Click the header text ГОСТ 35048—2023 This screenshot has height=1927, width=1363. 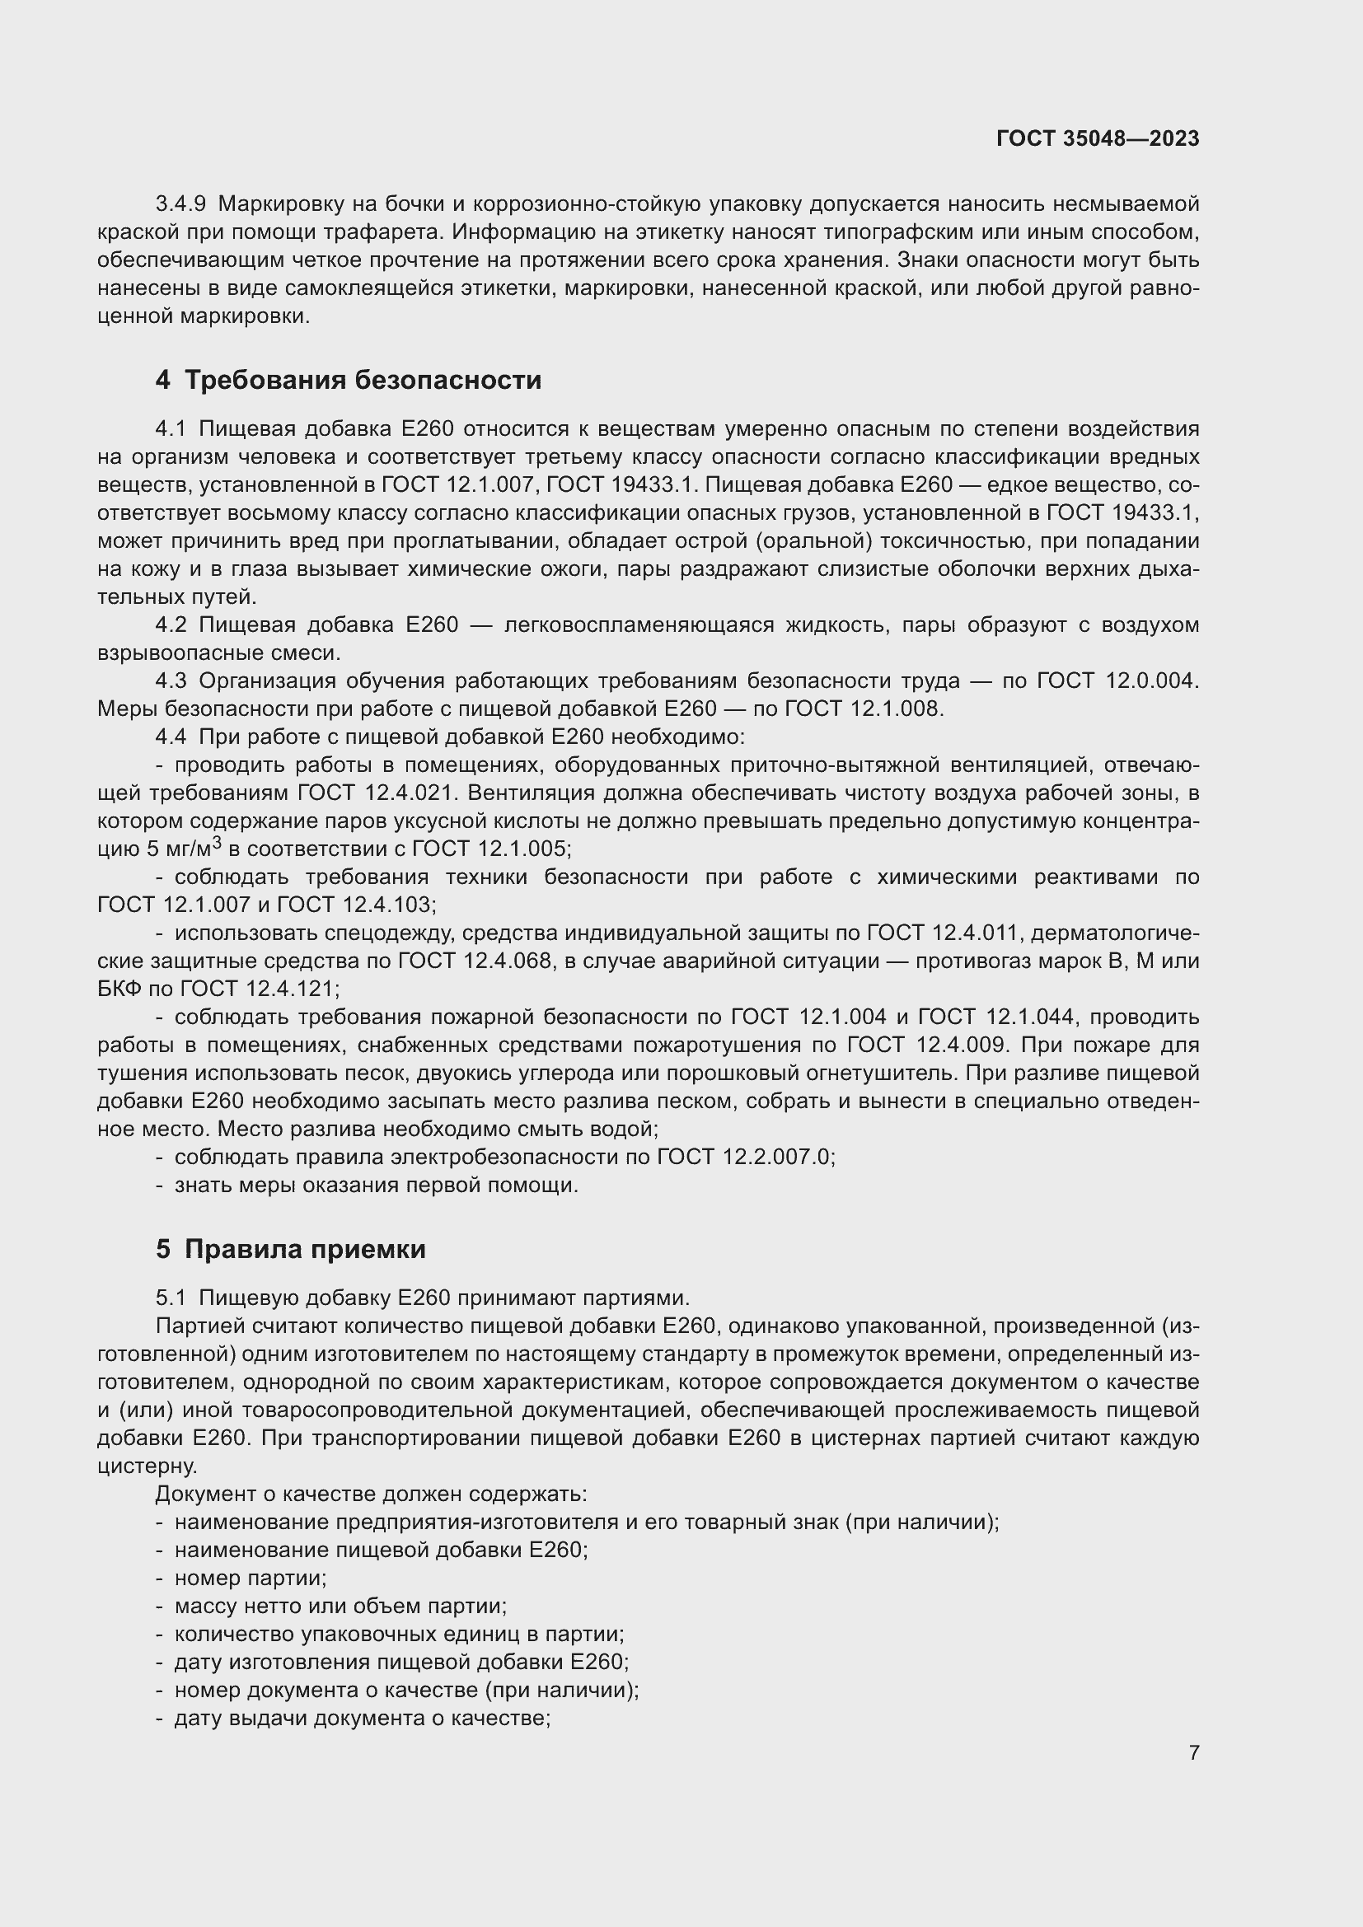tap(1098, 138)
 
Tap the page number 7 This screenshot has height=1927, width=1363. tap(1193, 1752)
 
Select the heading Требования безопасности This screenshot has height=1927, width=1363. tap(363, 380)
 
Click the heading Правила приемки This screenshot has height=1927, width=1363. tap(305, 1249)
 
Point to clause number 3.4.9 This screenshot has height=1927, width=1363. tap(180, 204)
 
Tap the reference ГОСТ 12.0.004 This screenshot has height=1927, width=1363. tap(1118, 681)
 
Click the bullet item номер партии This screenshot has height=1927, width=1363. tap(251, 1578)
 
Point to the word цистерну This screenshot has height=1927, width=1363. tap(147, 1466)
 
